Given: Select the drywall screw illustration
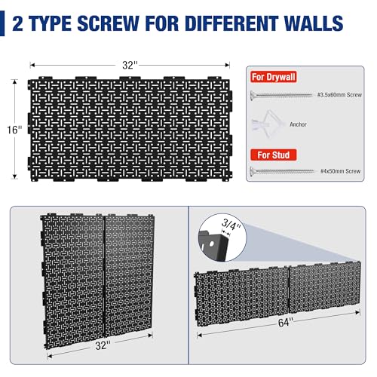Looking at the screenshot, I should click(x=280, y=93).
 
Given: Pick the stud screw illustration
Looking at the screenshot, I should click(x=281, y=172).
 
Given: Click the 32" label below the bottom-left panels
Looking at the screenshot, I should click(x=103, y=344).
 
